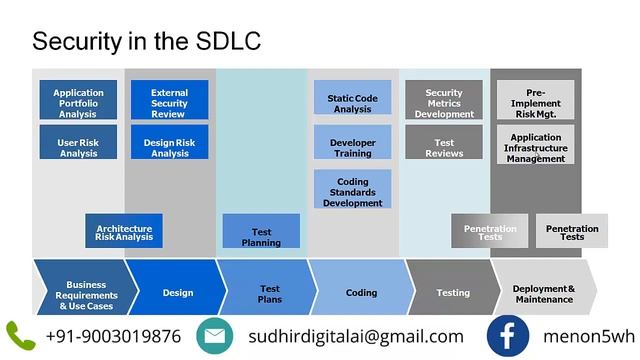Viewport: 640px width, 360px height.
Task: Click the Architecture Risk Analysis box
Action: (124, 231)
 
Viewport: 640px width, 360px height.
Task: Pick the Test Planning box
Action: (261, 232)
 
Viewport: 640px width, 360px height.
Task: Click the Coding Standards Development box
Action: (352, 189)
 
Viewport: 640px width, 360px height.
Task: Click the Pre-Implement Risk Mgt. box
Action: (536, 100)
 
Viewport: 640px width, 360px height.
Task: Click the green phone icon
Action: (20, 335)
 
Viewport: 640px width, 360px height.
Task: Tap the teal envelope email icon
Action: (214, 335)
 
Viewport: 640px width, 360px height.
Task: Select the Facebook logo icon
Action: (508, 335)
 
